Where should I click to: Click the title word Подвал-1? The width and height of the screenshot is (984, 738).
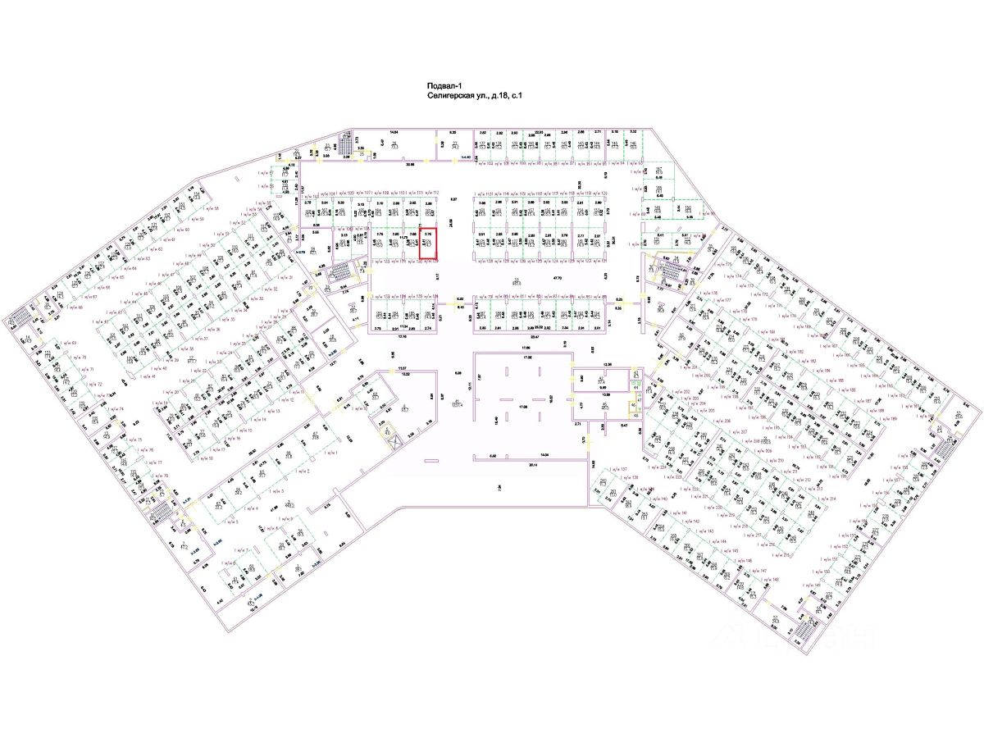[x=444, y=85]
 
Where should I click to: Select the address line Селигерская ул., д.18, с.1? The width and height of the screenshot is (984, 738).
[x=475, y=96]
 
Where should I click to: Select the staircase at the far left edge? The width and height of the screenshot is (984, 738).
[x=19, y=319]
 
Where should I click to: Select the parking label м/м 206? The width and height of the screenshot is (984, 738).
[x=722, y=420]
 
